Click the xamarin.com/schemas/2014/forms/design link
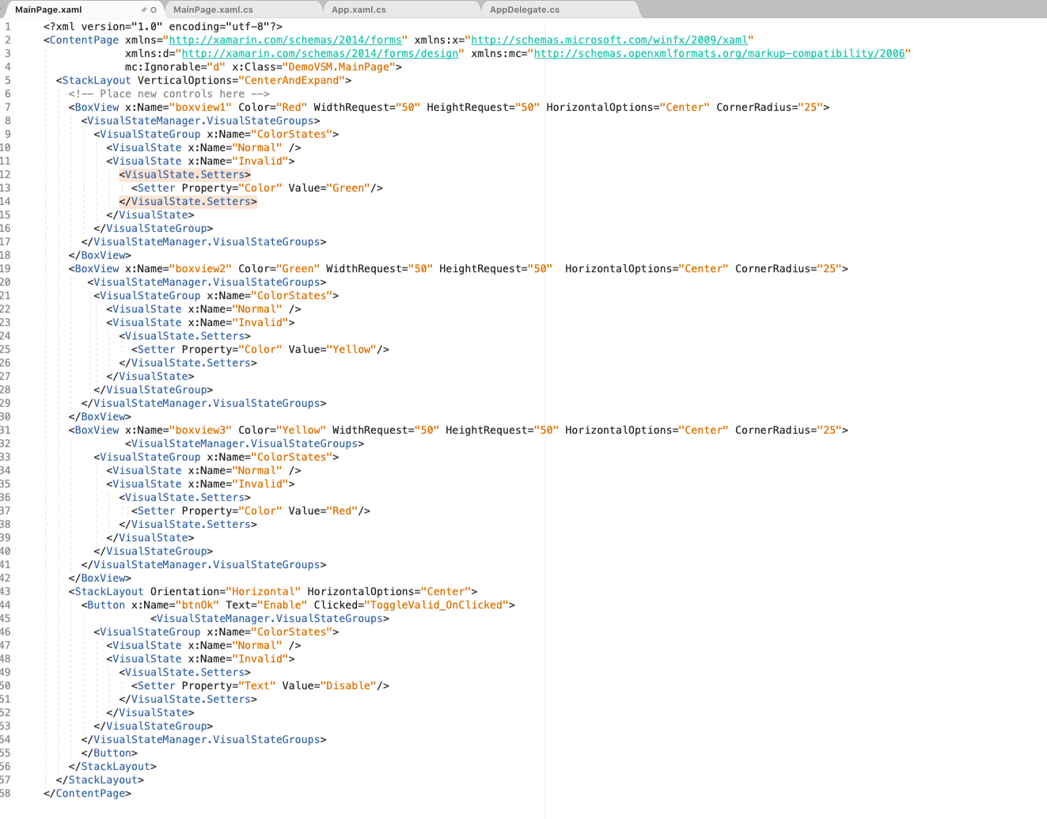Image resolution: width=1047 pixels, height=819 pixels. (320, 54)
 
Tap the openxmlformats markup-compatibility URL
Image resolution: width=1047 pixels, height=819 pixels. (719, 54)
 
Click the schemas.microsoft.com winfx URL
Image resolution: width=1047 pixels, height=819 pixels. (609, 40)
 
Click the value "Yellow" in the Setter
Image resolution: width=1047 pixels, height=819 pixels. (351, 350)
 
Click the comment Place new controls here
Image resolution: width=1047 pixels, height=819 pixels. (169, 94)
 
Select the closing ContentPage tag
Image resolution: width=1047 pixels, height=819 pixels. (87, 794)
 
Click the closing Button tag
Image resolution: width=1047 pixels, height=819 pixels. (109, 753)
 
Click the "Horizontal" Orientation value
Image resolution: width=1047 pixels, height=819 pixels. (264, 592)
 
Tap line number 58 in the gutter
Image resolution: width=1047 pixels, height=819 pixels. (6, 794)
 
